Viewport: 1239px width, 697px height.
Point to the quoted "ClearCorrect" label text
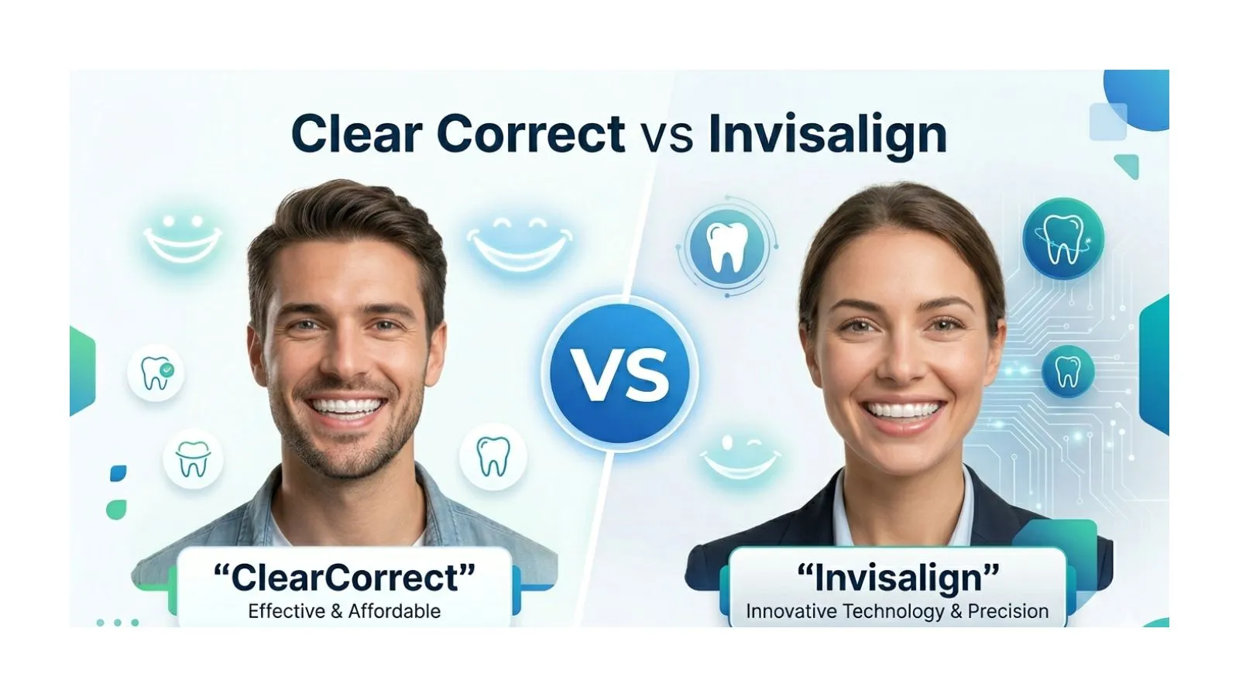pos(344,578)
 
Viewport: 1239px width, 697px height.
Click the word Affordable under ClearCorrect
pos(394,611)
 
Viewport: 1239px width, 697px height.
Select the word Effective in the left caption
pos(287,611)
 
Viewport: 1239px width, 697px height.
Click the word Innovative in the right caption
pos(792,611)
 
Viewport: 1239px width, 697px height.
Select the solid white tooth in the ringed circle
pos(726,247)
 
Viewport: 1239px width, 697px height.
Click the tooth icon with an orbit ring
pos(1062,239)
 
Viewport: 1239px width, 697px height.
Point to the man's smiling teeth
pos(346,405)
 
